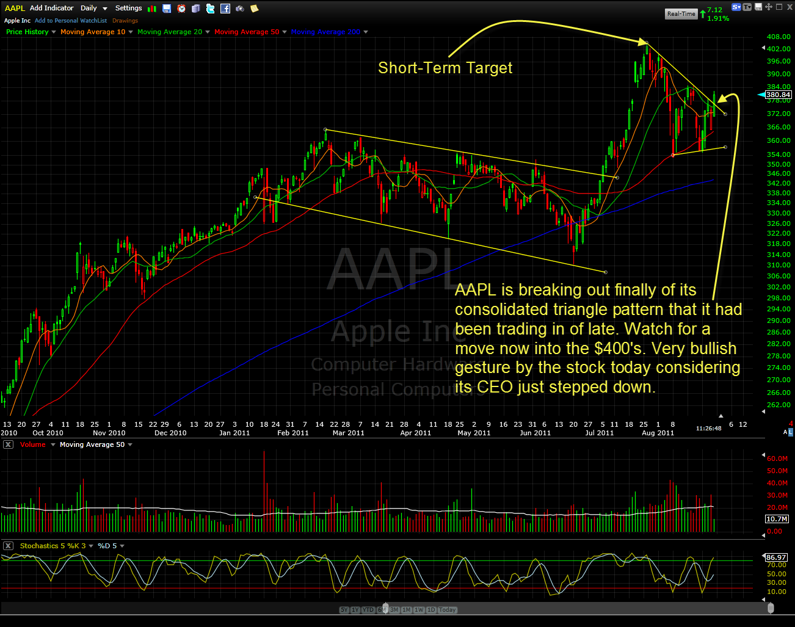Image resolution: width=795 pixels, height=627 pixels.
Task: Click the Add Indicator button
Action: click(x=51, y=8)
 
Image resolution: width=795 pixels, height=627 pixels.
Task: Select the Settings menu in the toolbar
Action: click(x=128, y=8)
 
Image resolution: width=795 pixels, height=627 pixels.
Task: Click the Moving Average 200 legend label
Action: click(x=325, y=32)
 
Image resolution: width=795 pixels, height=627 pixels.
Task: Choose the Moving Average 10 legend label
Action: click(x=93, y=32)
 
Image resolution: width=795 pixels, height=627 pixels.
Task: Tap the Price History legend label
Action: click(x=27, y=32)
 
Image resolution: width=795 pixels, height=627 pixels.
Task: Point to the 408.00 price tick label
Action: click(x=779, y=37)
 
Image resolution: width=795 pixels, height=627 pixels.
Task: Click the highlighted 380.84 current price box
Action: click(x=778, y=95)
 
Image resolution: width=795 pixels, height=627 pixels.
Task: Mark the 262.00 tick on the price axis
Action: click(x=779, y=405)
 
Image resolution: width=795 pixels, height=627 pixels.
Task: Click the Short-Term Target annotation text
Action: click(x=445, y=68)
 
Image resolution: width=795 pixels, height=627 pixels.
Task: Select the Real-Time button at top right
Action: click(x=681, y=13)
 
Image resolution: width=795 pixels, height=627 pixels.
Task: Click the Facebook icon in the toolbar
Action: click(x=225, y=9)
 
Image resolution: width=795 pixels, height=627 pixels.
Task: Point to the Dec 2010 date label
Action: click(x=170, y=433)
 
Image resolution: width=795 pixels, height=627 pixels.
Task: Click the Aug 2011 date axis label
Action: click(x=658, y=433)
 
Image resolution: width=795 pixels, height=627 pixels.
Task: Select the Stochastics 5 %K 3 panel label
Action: click(x=53, y=546)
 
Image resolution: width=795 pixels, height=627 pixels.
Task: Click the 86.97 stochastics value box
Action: click(x=776, y=557)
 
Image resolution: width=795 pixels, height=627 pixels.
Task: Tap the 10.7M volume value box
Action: click(x=777, y=519)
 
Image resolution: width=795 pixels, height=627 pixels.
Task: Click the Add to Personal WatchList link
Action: click(x=71, y=21)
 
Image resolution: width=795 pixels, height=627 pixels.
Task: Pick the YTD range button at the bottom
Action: click(x=368, y=610)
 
